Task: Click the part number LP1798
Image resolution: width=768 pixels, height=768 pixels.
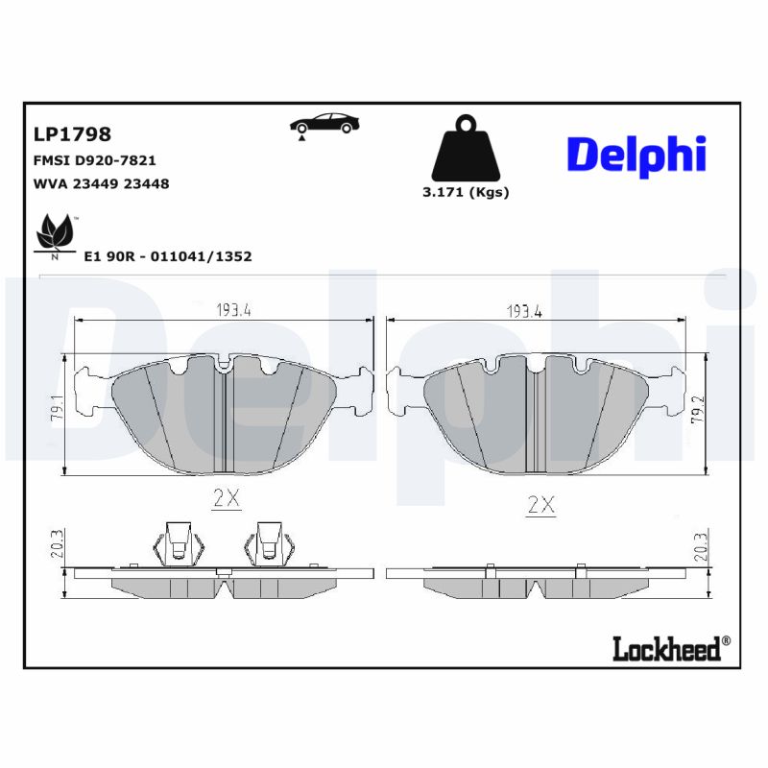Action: [x=72, y=133]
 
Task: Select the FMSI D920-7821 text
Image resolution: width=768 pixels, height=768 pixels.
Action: [x=94, y=160]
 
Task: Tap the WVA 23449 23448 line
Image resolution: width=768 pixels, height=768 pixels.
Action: [x=101, y=183]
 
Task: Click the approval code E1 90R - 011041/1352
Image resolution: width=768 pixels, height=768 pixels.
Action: [x=168, y=256]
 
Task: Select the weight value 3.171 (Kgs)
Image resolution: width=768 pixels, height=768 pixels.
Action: [x=466, y=192]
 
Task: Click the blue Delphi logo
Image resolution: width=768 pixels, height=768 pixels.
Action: [x=636, y=155]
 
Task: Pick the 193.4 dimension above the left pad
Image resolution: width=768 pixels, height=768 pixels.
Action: [x=233, y=310]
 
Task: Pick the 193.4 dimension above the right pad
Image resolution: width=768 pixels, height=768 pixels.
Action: [x=525, y=310]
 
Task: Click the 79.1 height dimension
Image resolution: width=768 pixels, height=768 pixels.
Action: [x=57, y=413]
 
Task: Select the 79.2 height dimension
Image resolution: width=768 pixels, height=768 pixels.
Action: [x=719, y=415]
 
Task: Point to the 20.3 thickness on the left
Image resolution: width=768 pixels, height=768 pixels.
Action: [x=57, y=546]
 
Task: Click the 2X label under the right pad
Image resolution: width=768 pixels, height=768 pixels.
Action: [x=541, y=505]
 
